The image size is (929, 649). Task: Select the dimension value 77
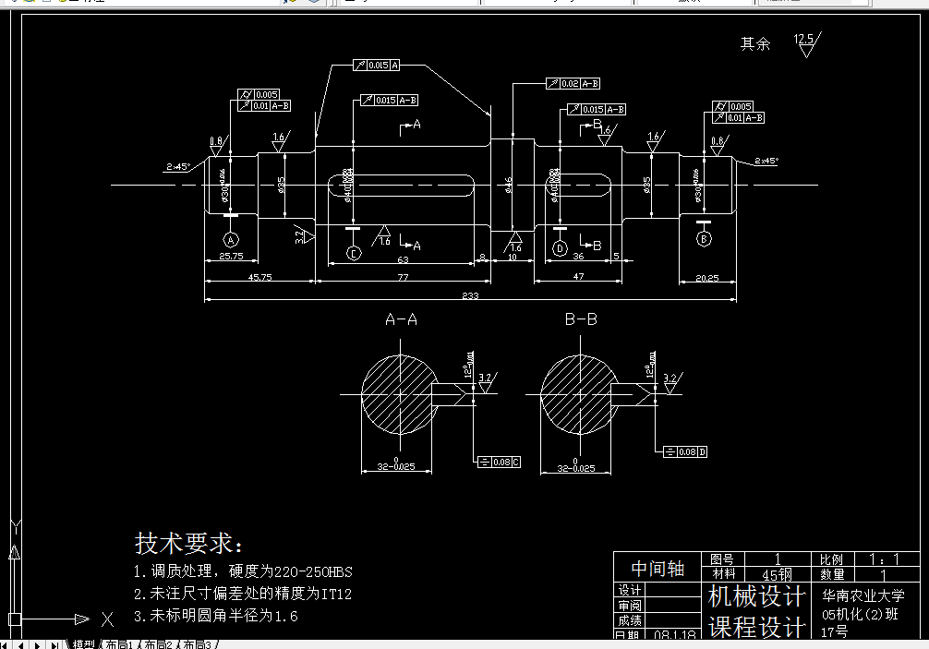pos(403,277)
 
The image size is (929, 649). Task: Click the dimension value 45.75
pos(259,277)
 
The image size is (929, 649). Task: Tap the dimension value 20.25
pos(707,277)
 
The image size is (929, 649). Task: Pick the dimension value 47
pos(579,277)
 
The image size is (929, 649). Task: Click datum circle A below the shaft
pos(231,239)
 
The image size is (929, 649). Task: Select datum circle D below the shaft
pos(560,248)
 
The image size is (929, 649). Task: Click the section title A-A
pos(401,319)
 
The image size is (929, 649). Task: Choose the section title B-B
pos(581,319)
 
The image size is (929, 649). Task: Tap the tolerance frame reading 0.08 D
pos(686,451)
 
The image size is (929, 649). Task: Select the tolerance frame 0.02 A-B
pos(573,84)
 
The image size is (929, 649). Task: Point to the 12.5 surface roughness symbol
pos(805,41)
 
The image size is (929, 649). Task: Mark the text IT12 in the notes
pos(336,594)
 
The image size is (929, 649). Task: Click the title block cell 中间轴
pos(658,569)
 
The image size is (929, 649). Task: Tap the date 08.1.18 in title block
pos(674,635)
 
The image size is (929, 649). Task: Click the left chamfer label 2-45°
pos(178,166)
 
